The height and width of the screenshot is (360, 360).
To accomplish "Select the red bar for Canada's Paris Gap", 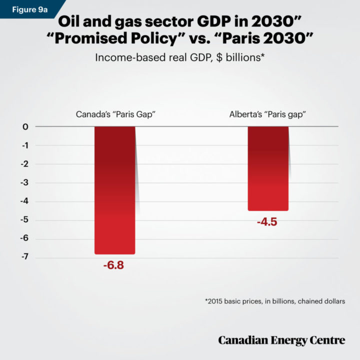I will point(114,190).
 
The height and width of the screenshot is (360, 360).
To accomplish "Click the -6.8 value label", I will point(113,265).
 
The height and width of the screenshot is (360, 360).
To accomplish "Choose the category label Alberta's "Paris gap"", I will point(267,114).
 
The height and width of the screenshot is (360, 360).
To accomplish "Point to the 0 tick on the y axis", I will point(24,127).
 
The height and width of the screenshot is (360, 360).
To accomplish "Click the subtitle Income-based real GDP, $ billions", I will point(179,57).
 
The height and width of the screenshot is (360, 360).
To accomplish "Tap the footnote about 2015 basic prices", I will point(275,301).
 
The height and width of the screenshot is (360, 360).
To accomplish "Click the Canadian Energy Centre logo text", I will point(281,340).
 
